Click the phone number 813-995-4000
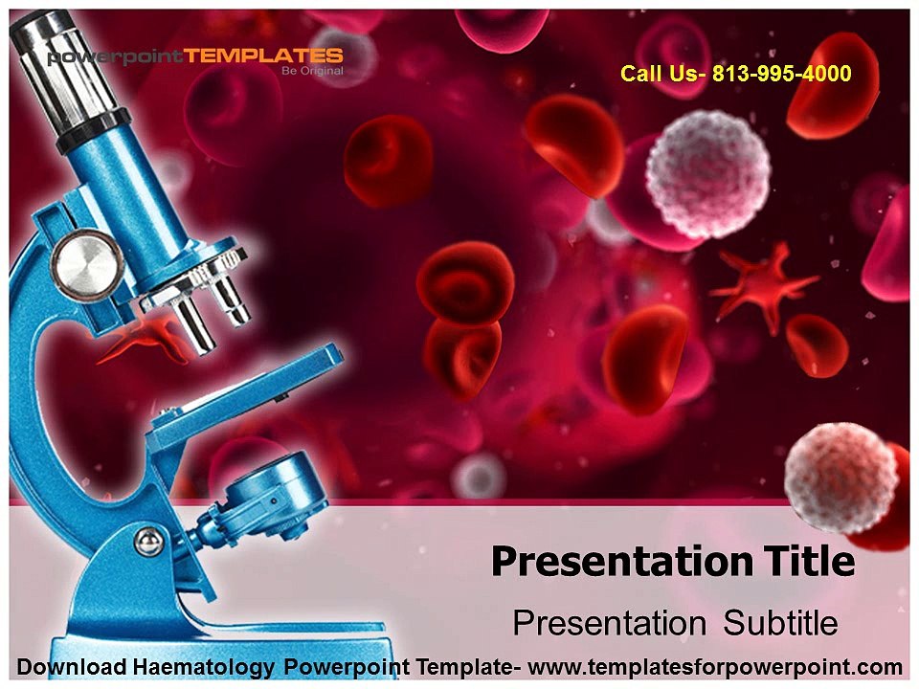pyautogui.click(x=782, y=74)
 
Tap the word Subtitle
pyautogui.click(x=780, y=623)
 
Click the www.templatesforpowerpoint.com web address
pyautogui.click(x=715, y=667)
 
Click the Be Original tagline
pyautogui.click(x=311, y=72)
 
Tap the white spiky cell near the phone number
pyautogui.click(x=707, y=173)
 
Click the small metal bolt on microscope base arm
pyautogui.click(x=146, y=545)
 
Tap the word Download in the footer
pyautogui.click(x=67, y=667)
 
